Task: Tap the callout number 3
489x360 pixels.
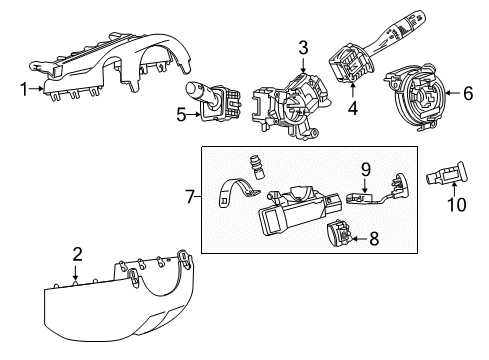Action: pos(302,46)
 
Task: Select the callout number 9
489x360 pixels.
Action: pos(365,170)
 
